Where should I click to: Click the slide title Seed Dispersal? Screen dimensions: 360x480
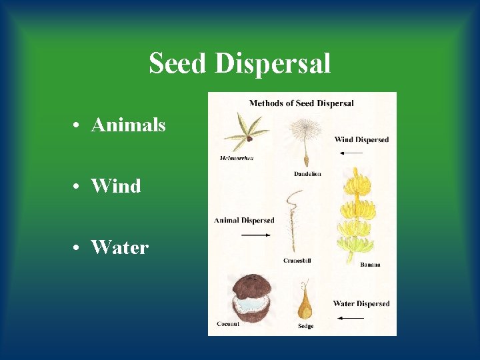tap(239, 64)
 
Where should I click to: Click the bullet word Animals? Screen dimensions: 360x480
tap(128, 125)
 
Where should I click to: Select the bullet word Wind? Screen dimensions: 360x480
tap(115, 186)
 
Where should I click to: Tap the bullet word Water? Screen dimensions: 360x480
tap(119, 247)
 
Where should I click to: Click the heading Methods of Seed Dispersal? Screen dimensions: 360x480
tap(301, 103)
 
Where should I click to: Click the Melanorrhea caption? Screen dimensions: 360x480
tap(237, 158)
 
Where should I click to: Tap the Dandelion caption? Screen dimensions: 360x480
tap(307, 174)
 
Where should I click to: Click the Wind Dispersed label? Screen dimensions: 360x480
tap(361, 139)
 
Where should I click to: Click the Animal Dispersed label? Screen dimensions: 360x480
tap(244, 221)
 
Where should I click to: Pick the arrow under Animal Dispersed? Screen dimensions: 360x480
tap(255, 235)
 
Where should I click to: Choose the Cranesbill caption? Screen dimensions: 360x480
tap(297, 261)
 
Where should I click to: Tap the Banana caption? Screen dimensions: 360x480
tap(370, 265)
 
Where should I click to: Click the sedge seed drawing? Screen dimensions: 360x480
tap(305, 301)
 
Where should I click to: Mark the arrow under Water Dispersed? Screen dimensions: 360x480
tap(351, 318)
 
